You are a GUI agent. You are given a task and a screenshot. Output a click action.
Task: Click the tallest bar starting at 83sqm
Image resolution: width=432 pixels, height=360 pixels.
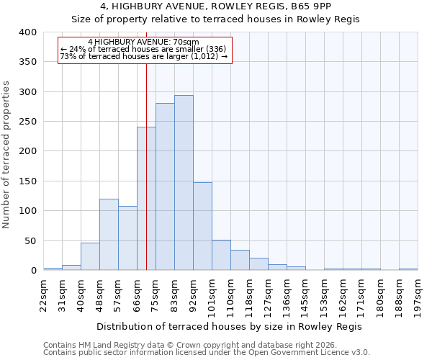tap(184, 183)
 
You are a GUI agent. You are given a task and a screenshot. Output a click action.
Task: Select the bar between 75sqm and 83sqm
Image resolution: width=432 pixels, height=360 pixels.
tap(165, 186)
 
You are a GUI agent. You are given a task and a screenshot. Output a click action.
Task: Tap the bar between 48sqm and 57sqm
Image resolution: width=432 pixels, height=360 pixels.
tap(109, 235)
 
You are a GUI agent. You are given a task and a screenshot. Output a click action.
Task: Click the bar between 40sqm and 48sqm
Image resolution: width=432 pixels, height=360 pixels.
tap(90, 256)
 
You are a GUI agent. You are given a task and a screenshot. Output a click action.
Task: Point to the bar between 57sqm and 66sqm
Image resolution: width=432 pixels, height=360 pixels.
tap(127, 238)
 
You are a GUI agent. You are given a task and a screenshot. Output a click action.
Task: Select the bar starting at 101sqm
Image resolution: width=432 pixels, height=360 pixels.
tap(221, 255)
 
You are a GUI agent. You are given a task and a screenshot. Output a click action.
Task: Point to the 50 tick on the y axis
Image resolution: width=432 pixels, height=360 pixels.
tap(30, 240)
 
